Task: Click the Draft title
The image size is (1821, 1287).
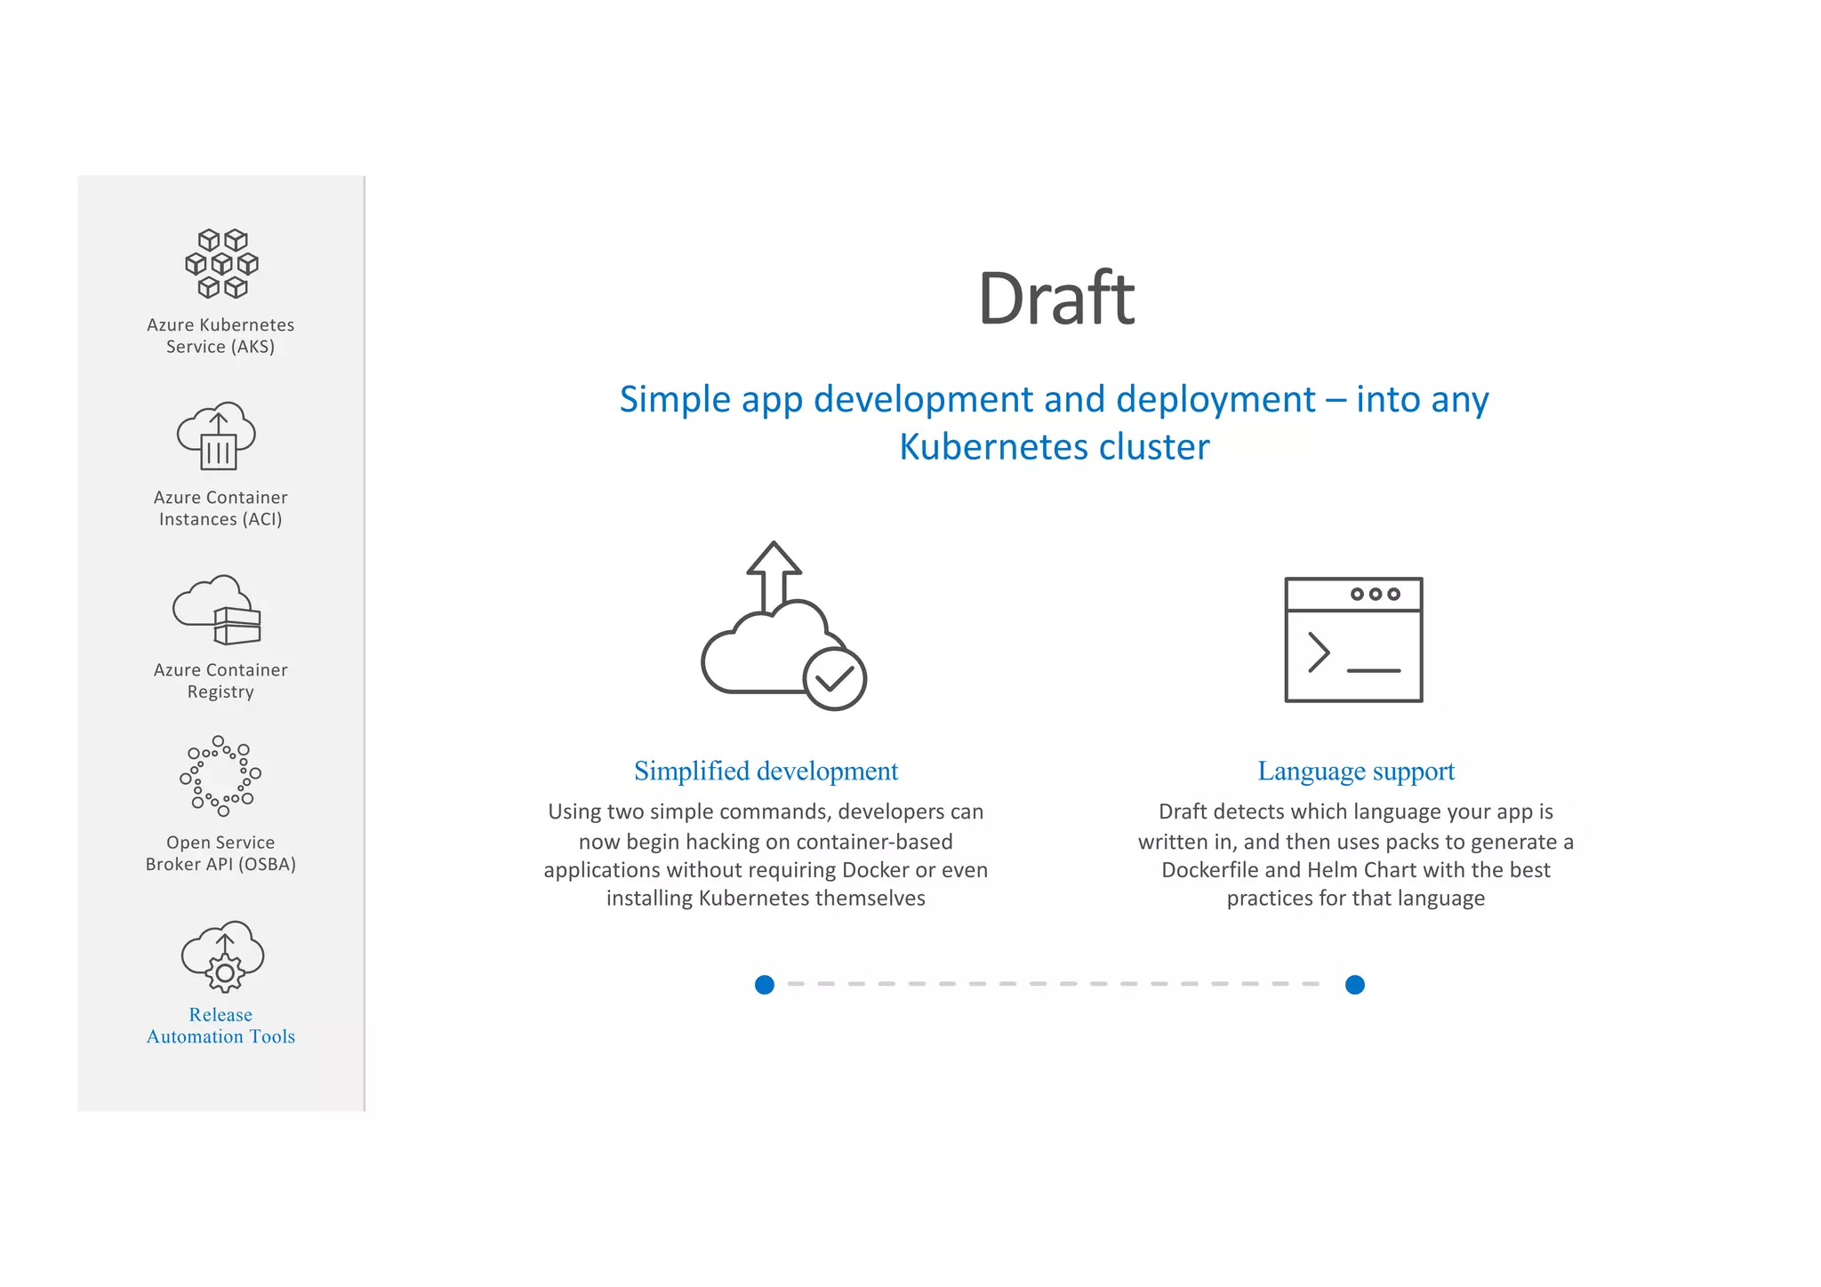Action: (1055, 299)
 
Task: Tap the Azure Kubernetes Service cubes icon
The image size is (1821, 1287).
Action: (221, 263)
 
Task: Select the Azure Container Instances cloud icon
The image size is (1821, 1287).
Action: (217, 436)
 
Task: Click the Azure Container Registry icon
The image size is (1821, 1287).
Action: (218, 610)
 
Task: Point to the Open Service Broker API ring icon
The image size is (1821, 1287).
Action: (221, 776)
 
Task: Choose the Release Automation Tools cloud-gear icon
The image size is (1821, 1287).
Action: (222, 957)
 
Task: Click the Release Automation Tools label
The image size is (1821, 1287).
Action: (221, 1026)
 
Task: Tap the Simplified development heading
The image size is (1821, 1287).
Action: (766, 771)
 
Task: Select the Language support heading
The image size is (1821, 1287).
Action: (1355, 771)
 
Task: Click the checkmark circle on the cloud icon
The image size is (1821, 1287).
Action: (834, 679)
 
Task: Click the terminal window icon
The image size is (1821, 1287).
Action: (1353, 640)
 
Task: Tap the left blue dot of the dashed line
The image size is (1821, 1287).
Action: (765, 985)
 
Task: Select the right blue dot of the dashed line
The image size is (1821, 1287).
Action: (1355, 985)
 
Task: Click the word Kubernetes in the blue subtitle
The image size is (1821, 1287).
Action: (989, 447)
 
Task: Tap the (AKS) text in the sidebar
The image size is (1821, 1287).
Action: (253, 347)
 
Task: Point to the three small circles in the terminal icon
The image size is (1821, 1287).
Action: (1375, 594)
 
